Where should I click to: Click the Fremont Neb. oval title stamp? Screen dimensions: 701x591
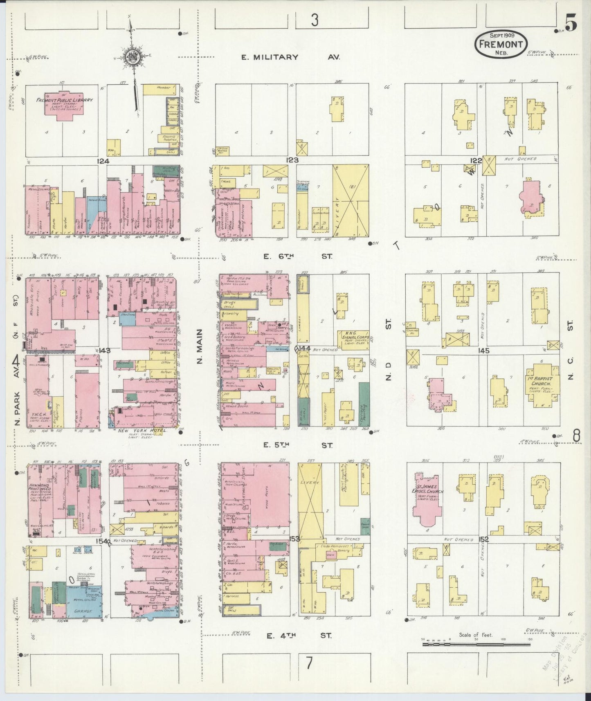(501, 43)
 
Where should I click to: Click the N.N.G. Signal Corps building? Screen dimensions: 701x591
(353, 338)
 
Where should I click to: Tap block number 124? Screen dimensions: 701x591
(103, 161)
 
